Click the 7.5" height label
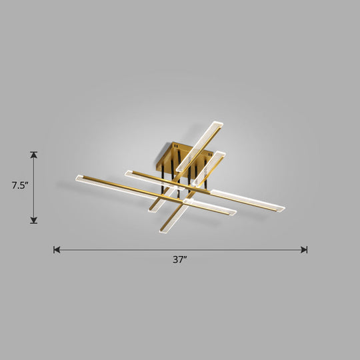(x=18, y=187)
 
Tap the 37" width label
(x=180, y=261)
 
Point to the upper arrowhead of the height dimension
(x=34, y=155)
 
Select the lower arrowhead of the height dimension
(x=34, y=220)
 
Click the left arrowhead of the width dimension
(x=57, y=250)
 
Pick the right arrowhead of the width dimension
(x=304, y=250)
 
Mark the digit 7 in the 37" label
(x=181, y=261)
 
